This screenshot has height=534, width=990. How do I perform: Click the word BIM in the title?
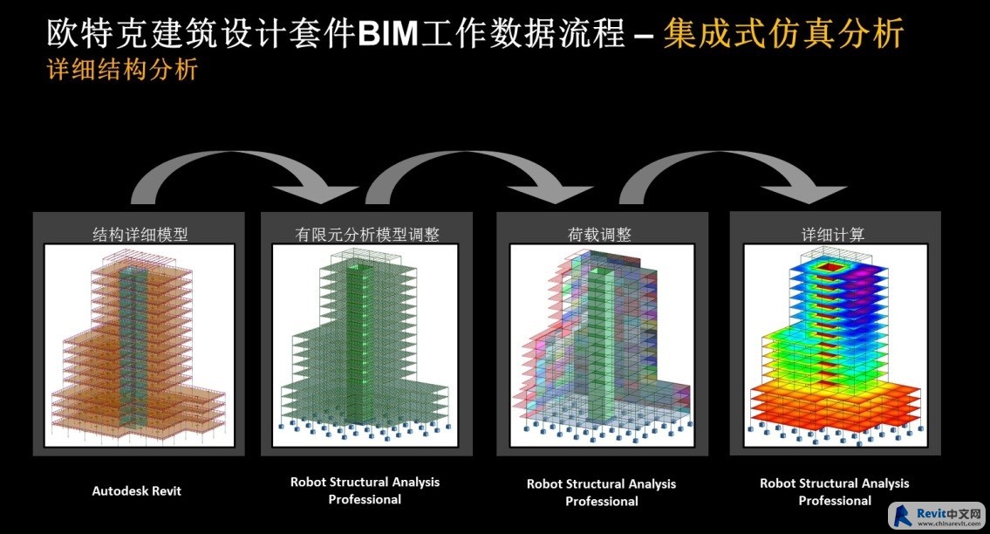[x=387, y=33]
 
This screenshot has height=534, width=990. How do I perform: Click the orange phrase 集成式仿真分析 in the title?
[x=783, y=33]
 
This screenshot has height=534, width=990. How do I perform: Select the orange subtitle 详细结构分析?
[x=122, y=69]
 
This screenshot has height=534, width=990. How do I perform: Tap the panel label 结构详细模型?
[x=140, y=235]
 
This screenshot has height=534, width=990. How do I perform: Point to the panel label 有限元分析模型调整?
[x=367, y=235]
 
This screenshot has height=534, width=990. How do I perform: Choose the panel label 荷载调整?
[x=599, y=235]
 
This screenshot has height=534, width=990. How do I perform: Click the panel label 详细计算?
[x=833, y=235]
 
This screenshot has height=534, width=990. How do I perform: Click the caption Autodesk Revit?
[x=136, y=491]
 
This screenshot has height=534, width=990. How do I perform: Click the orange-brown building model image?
[x=139, y=345]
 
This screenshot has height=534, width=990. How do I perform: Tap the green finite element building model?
[x=365, y=345]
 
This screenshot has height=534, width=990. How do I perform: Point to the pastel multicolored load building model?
[x=603, y=345]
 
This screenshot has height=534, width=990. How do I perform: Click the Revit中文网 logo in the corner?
[x=937, y=516]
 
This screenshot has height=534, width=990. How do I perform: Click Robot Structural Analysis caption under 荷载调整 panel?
[x=602, y=492]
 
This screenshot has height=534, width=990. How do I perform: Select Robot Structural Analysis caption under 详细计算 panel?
[x=835, y=491]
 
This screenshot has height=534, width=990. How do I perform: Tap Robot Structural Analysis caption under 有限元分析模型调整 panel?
[x=365, y=490]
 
